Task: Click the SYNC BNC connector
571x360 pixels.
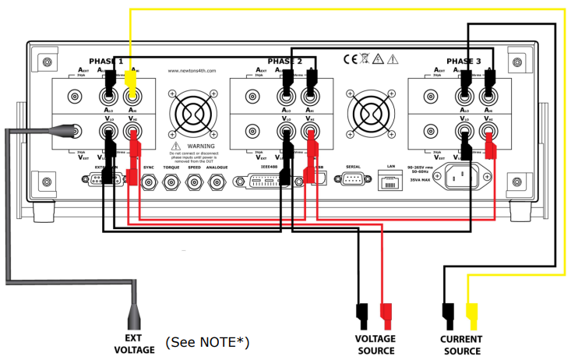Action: (149, 182)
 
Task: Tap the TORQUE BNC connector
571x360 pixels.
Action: (171, 182)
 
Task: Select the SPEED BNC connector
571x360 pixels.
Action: (193, 182)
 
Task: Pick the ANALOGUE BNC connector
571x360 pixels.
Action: (217, 182)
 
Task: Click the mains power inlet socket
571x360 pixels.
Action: (460, 178)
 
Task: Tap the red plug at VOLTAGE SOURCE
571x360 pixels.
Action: (386, 316)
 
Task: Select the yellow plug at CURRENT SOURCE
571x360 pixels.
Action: (471, 316)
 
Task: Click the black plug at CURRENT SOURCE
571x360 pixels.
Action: (448, 316)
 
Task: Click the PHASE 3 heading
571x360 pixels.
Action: (463, 61)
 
